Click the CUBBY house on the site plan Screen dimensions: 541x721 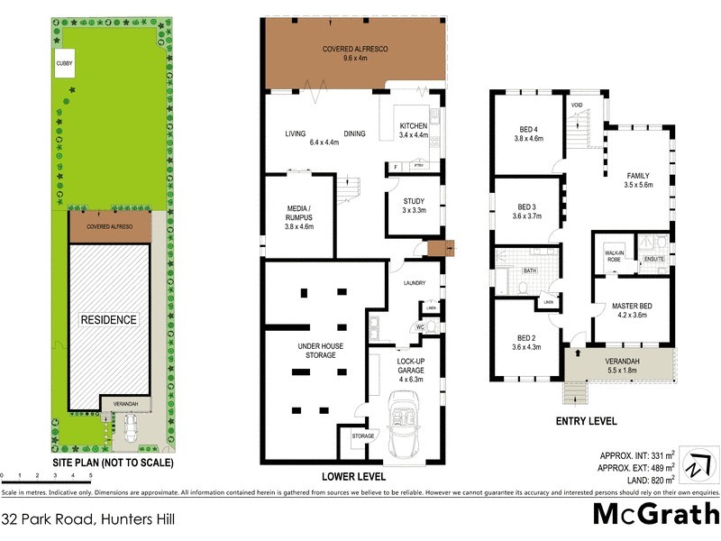pos(67,63)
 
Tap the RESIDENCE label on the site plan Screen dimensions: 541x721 pos(109,319)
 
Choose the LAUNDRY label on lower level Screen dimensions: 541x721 pos(415,283)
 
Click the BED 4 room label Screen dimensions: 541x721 pos(531,134)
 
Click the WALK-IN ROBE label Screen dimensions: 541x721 pos(614,256)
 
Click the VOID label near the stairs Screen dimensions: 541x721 pos(578,105)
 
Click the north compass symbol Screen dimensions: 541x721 pos(694,465)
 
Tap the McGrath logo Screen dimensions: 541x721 pos(655,514)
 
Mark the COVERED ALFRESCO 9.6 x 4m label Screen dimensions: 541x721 pos(355,53)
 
